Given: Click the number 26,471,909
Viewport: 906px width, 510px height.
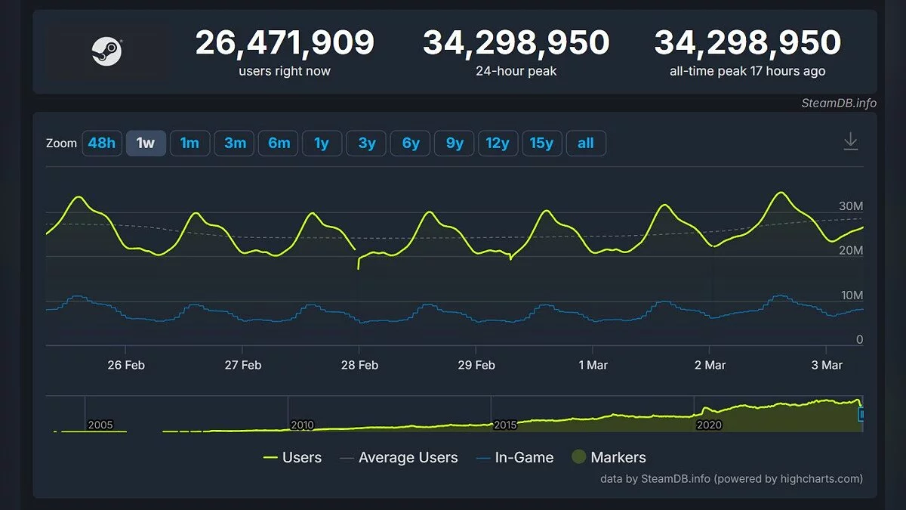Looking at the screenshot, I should (285, 43).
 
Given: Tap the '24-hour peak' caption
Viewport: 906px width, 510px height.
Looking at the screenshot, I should (516, 71).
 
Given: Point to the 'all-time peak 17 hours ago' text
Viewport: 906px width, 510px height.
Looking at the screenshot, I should (747, 71).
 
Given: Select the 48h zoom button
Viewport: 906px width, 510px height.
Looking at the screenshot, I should (101, 143).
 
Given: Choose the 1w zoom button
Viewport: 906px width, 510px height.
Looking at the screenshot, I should (145, 143).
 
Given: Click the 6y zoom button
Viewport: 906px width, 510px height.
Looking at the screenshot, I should (411, 143).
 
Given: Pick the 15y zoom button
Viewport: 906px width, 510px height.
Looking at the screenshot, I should (542, 143).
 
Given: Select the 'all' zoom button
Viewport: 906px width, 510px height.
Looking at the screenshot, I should (586, 143).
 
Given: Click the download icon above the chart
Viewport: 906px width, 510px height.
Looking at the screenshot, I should (851, 141).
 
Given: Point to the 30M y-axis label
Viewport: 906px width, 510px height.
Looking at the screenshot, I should (851, 206).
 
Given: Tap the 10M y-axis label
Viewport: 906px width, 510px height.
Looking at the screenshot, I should (851, 295).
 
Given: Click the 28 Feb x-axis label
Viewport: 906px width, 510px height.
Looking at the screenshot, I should (359, 365).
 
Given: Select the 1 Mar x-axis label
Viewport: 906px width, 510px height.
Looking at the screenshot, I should (593, 365).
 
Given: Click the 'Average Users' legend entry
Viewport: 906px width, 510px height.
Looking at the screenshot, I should (408, 457).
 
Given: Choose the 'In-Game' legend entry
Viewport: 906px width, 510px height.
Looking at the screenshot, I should (524, 457).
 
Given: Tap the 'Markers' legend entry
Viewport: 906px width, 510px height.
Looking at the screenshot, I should (618, 457).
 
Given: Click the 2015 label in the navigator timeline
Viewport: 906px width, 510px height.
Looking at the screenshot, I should (505, 425).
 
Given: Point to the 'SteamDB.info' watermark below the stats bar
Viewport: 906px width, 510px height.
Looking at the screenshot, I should (839, 103).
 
